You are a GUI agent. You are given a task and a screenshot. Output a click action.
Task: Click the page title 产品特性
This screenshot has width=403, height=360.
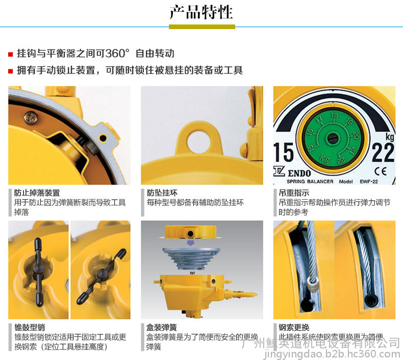(201, 12)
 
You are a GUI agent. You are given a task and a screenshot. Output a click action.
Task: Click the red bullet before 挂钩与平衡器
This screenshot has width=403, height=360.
(11, 54)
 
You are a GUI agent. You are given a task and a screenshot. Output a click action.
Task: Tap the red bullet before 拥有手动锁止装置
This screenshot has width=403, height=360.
(11, 71)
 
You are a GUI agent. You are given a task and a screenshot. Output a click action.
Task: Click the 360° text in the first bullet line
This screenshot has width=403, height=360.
(117, 53)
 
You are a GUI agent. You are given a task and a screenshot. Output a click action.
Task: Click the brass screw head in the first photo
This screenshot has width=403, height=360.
(31, 117)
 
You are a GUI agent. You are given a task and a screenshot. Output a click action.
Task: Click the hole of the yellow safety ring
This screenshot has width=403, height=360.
(199, 141)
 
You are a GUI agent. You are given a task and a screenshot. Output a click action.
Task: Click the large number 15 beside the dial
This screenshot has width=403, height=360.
(283, 152)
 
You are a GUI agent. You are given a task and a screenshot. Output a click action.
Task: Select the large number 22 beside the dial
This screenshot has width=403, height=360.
(383, 152)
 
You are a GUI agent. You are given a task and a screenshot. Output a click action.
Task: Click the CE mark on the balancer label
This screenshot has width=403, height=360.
(381, 171)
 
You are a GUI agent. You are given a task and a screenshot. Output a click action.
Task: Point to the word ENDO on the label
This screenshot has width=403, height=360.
(299, 173)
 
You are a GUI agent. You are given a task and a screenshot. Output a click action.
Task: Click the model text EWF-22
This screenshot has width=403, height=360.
(369, 182)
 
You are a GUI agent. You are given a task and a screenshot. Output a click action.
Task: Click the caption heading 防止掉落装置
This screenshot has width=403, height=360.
(37, 193)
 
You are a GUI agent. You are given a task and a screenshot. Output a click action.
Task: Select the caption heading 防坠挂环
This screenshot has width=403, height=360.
(162, 193)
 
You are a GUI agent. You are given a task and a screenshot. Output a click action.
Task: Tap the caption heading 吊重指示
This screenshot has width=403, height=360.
(294, 193)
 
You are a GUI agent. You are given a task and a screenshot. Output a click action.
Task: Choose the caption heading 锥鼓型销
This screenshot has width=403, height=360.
(30, 327)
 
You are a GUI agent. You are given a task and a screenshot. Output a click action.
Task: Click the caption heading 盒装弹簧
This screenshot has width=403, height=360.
(162, 327)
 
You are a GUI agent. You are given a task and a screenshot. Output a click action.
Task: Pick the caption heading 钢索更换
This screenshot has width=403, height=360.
(294, 327)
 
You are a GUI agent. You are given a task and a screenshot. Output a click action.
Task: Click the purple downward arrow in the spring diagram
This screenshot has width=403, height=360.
(190, 243)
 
